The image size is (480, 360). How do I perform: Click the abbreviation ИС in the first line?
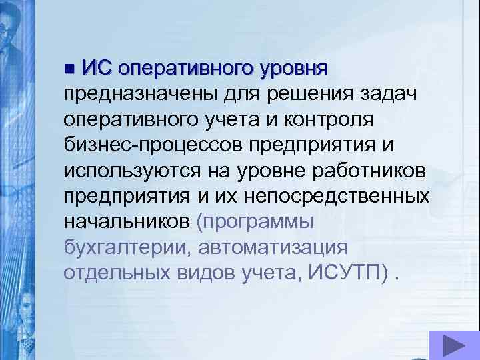(x=97, y=68)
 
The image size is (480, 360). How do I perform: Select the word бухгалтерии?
(x=119, y=247)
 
